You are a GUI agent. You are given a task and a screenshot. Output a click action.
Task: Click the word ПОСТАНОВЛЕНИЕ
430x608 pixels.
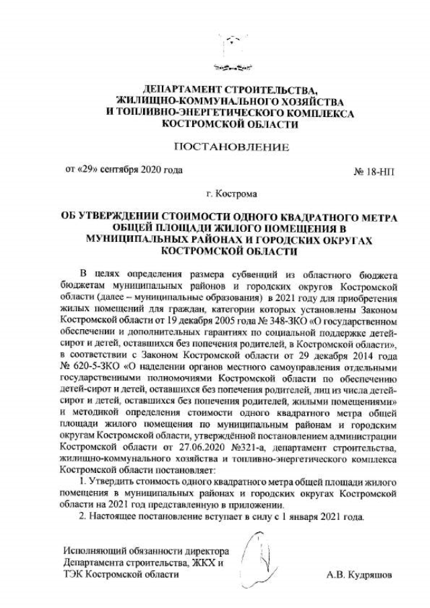[x=231, y=146]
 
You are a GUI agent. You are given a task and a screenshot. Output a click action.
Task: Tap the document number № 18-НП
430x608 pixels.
[x=374, y=171]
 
